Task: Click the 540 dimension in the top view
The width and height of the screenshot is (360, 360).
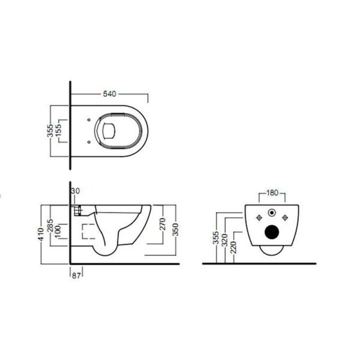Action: [109, 94]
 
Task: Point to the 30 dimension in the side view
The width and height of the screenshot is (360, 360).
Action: [75, 191]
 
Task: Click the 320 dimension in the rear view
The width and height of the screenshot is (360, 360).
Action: [223, 240]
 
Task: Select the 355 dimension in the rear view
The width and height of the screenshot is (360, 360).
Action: [214, 238]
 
